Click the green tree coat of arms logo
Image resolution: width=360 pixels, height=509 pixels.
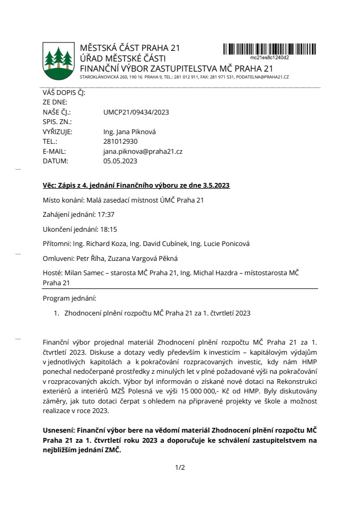pyautogui.click(x=58, y=59)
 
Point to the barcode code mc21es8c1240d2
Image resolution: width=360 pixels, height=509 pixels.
pyautogui.click(x=269, y=57)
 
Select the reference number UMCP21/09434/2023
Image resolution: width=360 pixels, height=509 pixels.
pyautogui.click(x=136, y=112)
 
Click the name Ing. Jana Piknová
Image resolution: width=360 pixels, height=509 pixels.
pyautogui.click(x=130, y=131)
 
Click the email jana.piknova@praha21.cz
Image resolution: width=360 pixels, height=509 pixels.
pyautogui.click(x=143, y=151)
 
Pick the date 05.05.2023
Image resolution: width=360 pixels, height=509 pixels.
pyautogui.click(x=120, y=161)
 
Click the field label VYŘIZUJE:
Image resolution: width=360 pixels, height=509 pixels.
pyautogui.click(x=57, y=131)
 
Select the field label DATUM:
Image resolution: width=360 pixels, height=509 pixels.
pyautogui.click(x=55, y=161)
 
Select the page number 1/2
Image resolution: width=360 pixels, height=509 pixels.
pyautogui.click(x=180, y=468)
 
